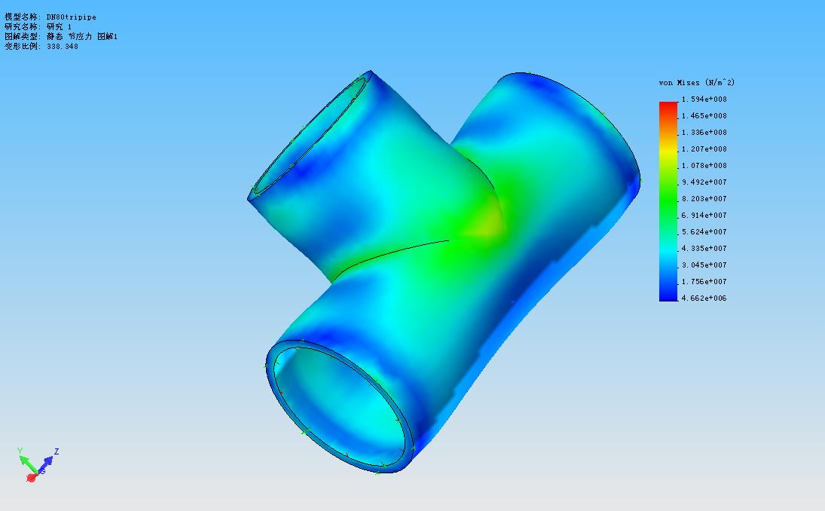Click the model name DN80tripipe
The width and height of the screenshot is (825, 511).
pos(72,17)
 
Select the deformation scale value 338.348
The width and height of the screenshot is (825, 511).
pos(63,46)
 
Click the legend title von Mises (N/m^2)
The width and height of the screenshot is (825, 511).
pos(696,82)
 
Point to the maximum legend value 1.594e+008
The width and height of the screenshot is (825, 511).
pos(704,99)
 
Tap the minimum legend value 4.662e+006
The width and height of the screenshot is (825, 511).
pos(704,298)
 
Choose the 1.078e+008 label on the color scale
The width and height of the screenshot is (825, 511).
pos(704,166)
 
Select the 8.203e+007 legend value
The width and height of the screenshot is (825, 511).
pos(704,199)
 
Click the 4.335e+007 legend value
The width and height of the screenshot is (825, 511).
pos(704,249)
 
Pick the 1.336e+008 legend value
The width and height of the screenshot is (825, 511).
pos(704,133)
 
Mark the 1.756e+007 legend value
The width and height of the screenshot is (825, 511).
pos(704,282)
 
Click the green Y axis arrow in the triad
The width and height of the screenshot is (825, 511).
pos(23,459)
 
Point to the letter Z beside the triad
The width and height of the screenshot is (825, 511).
pos(57,451)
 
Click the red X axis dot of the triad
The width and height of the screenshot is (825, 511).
pos(32,477)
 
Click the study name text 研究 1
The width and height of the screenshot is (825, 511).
pos(60,26)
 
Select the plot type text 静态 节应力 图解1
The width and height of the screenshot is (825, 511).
pos(82,36)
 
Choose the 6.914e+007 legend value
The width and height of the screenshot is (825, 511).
pos(704,216)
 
